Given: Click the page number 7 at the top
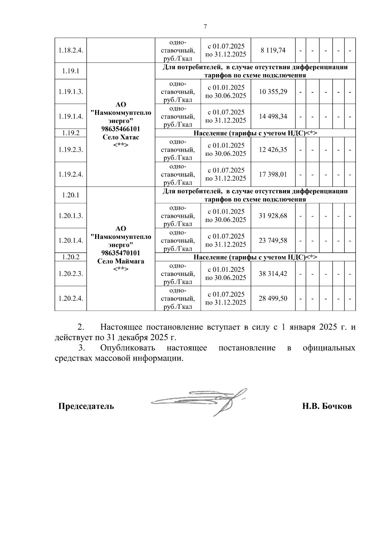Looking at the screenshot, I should pyautogui.click(x=205, y=27).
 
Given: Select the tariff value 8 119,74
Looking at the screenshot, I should pyautogui.click(x=273, y=50).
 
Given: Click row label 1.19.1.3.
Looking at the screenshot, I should pyautogui.click(x=71, y=92).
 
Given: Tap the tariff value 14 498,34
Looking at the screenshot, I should pyautogui.click(x=273, y=116).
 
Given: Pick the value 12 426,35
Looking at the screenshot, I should pyautogui.click(x=273, y=149).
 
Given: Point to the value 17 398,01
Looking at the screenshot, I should pyautogui.click(x=273, y=174).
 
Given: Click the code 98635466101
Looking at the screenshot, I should pyautogui.click(x=121, y=129).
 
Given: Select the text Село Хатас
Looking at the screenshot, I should pyautogui.click(x=121, y=137).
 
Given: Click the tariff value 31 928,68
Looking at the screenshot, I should pyautogui.click(x=273, y=216).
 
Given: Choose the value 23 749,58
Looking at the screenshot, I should pyautogui.click(x=273, y=240).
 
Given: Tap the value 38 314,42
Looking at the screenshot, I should pyautogui.click(x=273, y=274).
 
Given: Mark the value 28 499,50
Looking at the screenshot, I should pyautogui.click(x=273, y=298).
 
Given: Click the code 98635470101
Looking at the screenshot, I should pyautogui.click(x=121, y=253).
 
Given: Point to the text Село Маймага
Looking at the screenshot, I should pyautogui.click(x=121, y=261).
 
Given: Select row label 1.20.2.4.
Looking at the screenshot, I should pyautogui.click(x=71, y=298).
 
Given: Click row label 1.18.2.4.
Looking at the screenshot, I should pyautogui.click(x=71, y=50).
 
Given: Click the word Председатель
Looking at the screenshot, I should pyautogui.click(x=86, y=407).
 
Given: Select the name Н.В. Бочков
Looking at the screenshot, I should pyautogui.click(x=327, y=407).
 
